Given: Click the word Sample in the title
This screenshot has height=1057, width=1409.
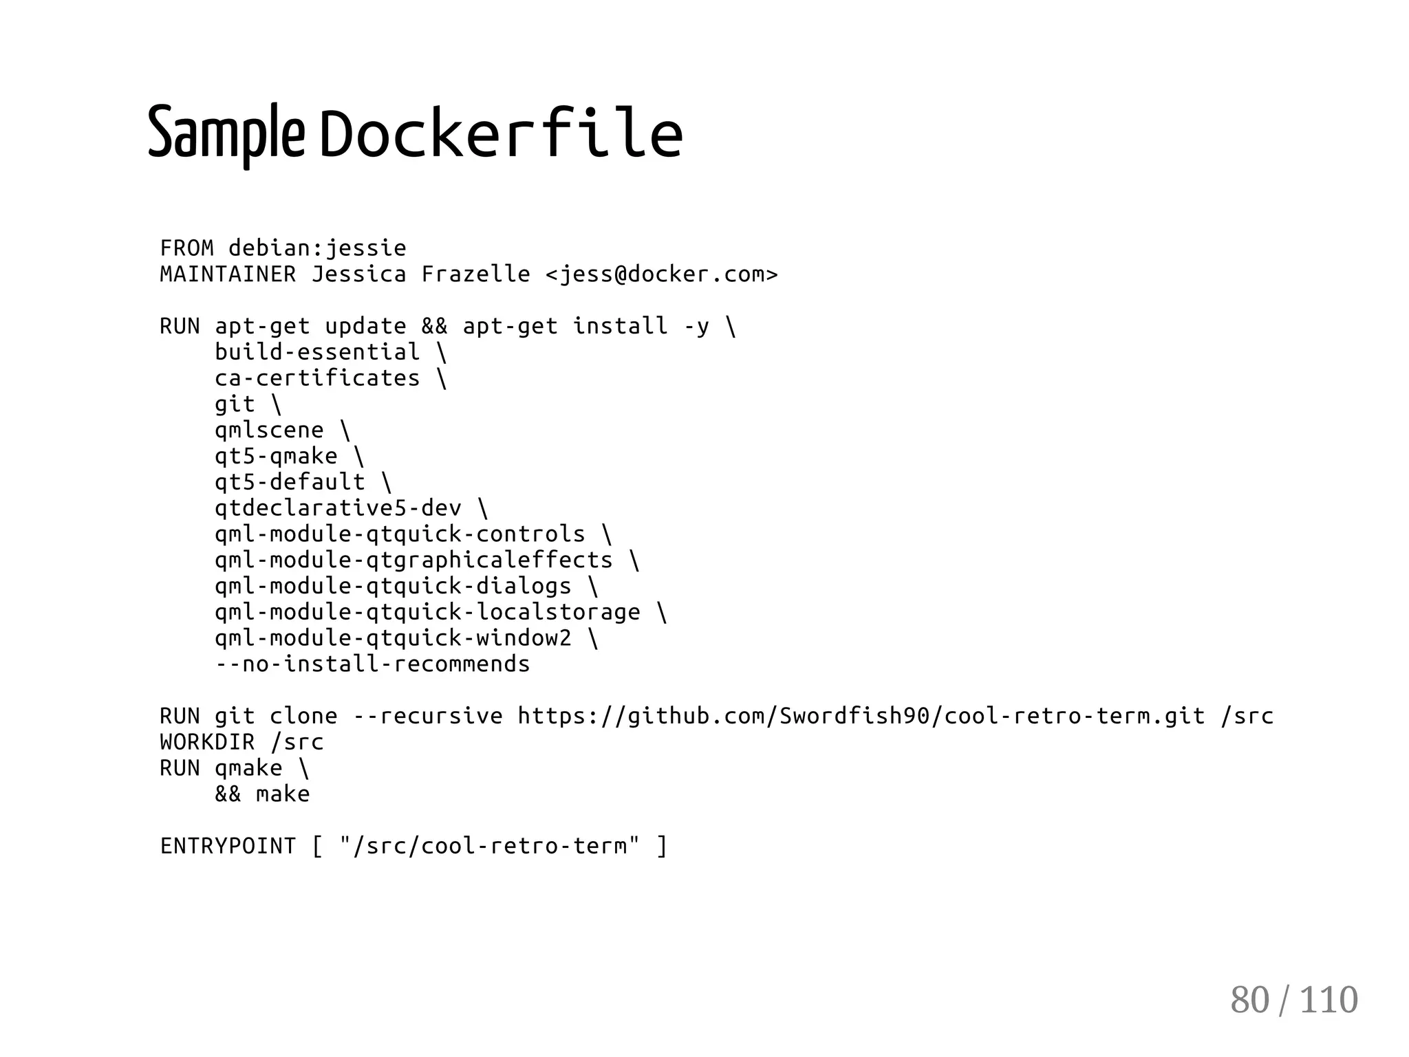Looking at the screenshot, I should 226,133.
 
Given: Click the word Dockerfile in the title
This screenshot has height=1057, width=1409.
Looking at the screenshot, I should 501,133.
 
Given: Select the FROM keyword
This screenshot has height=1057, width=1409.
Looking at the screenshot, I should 186,248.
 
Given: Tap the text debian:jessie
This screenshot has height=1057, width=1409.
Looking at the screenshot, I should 317,248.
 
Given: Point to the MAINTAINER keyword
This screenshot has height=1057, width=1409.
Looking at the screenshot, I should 228,274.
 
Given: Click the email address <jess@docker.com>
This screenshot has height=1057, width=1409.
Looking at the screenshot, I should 661,274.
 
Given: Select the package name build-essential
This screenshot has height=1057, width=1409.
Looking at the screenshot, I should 317,352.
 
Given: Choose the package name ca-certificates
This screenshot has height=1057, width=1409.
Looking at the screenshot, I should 317,378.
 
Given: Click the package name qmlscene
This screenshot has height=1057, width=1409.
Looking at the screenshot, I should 269,431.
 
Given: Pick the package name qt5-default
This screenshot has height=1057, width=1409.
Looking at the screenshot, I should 290,482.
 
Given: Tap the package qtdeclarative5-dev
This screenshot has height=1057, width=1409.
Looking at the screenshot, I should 338,508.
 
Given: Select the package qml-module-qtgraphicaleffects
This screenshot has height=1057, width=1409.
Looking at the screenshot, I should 413,560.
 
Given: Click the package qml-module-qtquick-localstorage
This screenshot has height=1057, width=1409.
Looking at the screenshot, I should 427,612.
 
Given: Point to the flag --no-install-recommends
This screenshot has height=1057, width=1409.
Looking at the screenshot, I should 372,664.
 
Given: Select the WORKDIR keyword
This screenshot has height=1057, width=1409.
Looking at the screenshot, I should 207,742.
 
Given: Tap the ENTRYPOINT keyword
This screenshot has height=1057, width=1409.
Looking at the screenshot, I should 228,846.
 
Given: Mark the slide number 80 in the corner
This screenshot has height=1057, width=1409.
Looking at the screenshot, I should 1249,1000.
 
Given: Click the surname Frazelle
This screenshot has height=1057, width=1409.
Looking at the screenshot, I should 475,274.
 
